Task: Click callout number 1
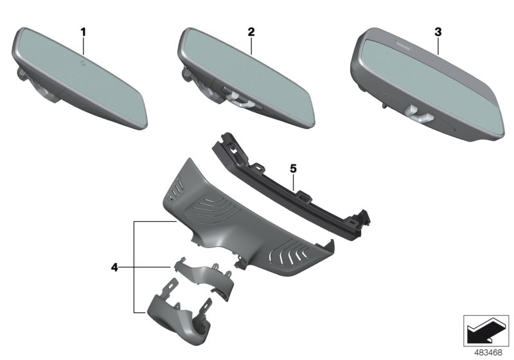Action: click(x=84, y=32)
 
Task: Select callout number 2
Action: click(x=251, y=32)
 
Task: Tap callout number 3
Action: click(x=438, y=32)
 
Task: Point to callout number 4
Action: click(x=114, y=267)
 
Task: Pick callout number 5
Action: click(x=293, y=168)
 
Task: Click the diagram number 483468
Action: click(x=488, y=353)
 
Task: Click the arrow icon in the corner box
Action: click(x=486, y=330)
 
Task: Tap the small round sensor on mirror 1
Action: click(x=83, y=62)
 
